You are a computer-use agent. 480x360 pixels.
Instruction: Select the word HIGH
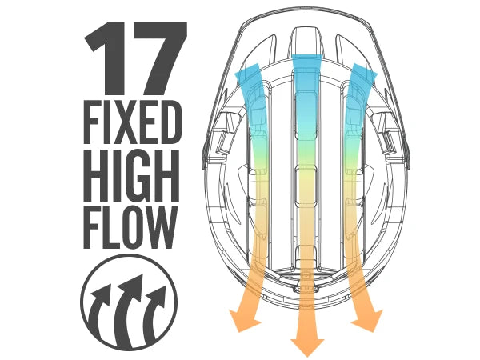pos(130,174)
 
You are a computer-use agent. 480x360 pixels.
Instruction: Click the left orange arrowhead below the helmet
pos(242,321)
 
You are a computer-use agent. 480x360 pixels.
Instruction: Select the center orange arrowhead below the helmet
pos(306,344)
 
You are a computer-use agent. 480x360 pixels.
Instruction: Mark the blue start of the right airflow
pos(362,80)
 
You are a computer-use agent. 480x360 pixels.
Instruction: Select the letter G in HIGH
pos(142,174)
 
